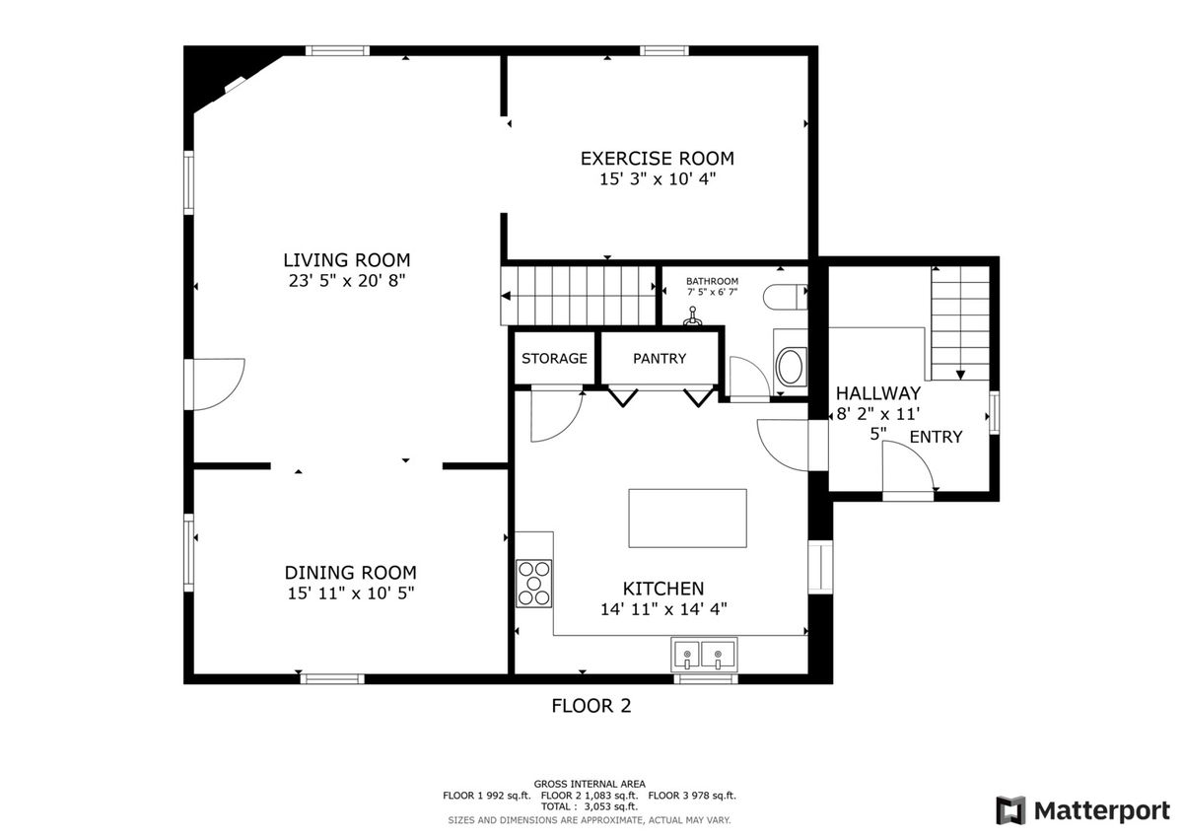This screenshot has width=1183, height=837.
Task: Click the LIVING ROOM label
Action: (346, 260)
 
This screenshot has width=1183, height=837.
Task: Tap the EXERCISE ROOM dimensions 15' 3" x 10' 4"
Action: (657, 179)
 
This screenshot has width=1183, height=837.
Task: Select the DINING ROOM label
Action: (350, 573)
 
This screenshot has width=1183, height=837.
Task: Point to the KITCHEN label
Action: (663, 589)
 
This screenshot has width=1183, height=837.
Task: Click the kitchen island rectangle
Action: (687, 518)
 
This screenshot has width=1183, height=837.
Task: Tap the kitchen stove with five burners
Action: (534, 584)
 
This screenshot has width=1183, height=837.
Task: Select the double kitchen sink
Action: (704, 655)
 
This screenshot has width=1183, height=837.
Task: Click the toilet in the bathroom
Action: (786, 297)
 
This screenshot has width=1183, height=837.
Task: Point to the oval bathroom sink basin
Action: (791, 366)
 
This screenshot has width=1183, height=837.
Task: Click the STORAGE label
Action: (554, 359)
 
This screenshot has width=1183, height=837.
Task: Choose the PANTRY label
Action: (660, 359)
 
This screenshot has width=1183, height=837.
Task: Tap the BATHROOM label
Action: (712, 281)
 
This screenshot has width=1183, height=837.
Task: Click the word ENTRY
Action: (936, 438)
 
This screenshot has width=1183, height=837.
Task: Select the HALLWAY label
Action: (877, 393)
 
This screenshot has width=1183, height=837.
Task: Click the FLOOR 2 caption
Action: (591, 706)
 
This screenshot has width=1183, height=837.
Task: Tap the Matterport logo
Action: (1083, 810)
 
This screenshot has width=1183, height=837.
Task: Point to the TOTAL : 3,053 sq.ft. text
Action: (589, 806)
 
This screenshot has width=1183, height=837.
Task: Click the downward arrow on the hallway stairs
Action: (960, 375)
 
